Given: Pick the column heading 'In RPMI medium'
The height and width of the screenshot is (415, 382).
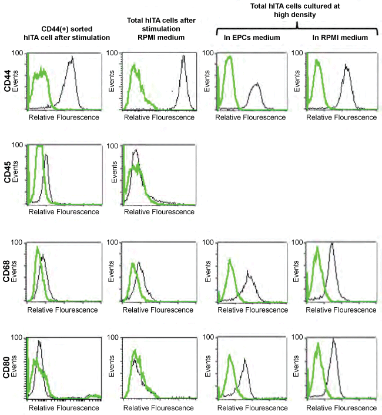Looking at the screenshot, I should (334, 38).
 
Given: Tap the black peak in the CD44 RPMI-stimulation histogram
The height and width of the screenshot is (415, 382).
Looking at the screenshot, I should (183, 57).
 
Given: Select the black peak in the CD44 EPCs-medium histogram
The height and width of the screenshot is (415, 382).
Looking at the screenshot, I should (256, 85).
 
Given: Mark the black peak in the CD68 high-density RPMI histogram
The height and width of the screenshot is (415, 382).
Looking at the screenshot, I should (332, 244).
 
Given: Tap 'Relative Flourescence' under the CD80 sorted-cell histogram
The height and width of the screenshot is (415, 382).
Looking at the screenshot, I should (63, 407).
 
